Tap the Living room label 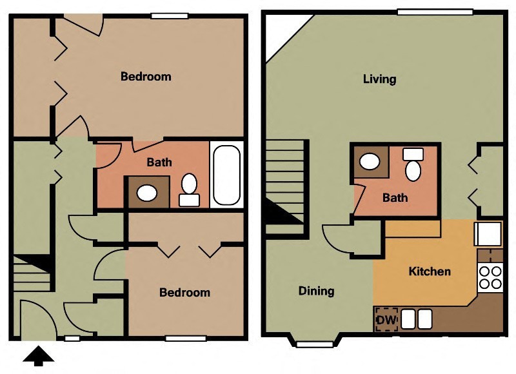pos(379,79)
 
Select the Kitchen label pos(430,271)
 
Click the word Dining pos(316,291)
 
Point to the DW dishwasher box pos(386,319)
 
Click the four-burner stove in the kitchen pos(490,277)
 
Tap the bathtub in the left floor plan pos(226,174)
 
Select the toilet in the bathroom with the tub pos(189,188)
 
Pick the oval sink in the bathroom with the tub pos(148,192)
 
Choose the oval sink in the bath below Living pos(370,161)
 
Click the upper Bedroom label pos(146,77)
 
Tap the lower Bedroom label pos(184,292)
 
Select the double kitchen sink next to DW pos(417,319)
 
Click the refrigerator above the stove pos(488,233)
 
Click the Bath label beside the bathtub pos(159,162)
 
